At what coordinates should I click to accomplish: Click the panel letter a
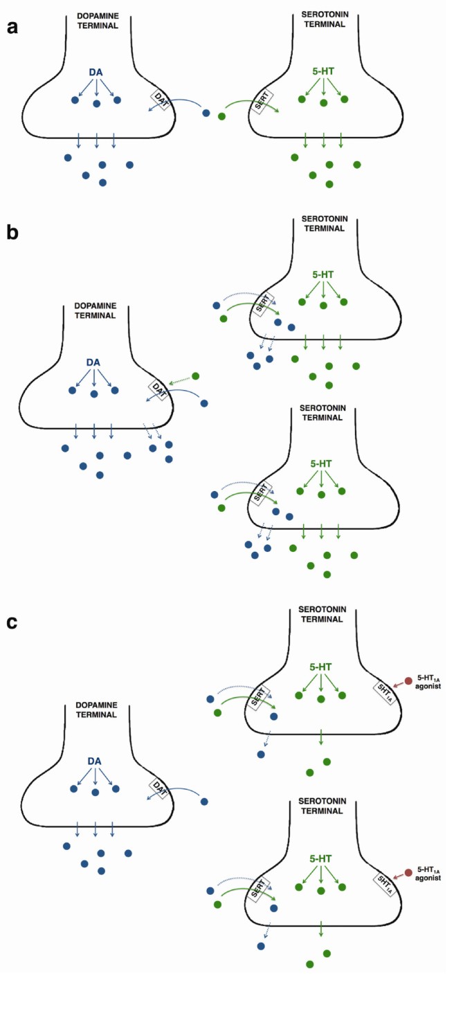coord(12,28)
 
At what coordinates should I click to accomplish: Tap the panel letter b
coord(12,232)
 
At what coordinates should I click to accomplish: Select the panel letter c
coord(12,622)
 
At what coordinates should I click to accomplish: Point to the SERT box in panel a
coord(262,103)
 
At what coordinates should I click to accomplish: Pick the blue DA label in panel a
coord(97,71)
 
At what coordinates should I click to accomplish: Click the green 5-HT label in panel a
coord(323,71)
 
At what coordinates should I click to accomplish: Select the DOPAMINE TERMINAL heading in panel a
coord(97,20)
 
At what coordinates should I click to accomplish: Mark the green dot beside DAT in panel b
coord(195,376)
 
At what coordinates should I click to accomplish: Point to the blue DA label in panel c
coord(95,761)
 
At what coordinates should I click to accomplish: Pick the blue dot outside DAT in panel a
coord(206,113)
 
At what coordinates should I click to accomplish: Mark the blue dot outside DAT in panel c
coord(203,802)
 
